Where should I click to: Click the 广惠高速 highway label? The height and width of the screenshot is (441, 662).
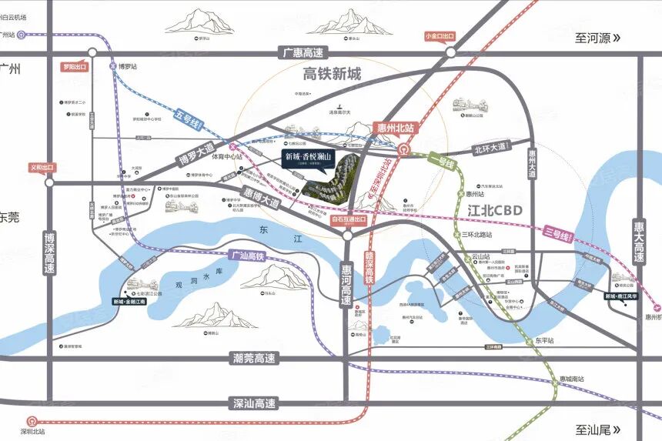point(303,53)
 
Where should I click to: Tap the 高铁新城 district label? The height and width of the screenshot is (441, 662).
point(332,75)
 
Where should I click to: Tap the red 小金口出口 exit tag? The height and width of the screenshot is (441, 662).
point(440,36)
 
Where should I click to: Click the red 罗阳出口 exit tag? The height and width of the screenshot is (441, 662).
point(75,67)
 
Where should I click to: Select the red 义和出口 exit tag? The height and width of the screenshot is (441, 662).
point(42,167)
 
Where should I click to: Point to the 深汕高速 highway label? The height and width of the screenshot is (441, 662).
point(255,403)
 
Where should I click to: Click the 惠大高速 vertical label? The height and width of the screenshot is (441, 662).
point(639,239)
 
